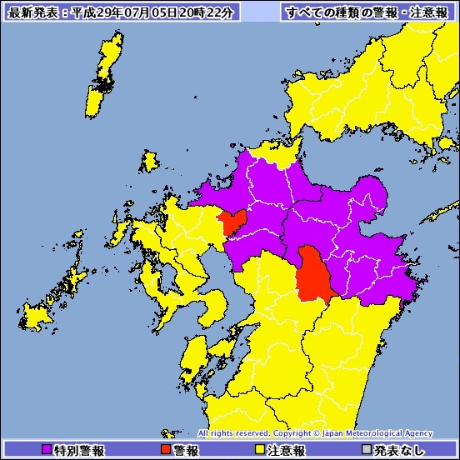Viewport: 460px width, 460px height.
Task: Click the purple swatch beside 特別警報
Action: tap(46, 450)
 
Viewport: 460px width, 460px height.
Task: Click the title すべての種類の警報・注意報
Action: tap(367, 12)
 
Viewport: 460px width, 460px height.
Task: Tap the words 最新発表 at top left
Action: tap(32, 12)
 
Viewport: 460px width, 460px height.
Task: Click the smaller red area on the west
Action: tap(231, 222)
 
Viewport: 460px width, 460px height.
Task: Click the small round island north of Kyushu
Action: tap(151, 161)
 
